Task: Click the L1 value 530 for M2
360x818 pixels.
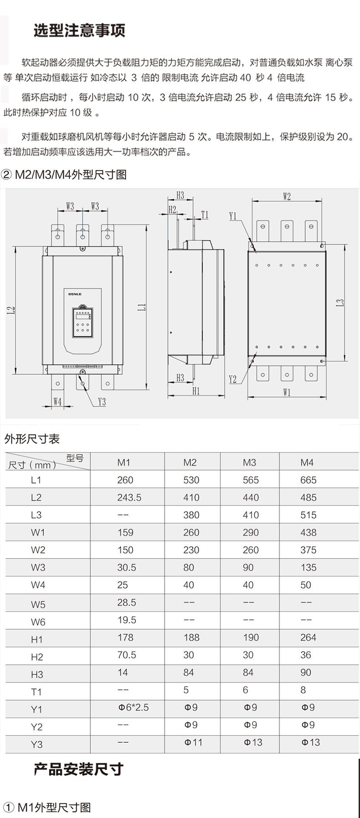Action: pos(191,480)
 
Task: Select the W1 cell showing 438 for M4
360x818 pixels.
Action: pos(309,532)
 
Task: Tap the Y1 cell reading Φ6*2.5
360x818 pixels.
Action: pos(134,707)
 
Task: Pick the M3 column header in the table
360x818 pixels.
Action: pos(249,462)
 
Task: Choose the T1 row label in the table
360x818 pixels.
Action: pos(36,692)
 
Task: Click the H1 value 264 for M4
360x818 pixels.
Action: pos(309,637)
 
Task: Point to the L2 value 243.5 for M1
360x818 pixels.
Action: pos(129,497)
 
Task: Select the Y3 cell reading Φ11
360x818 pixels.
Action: pos(193,742)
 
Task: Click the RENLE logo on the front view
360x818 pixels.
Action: pos(75,294)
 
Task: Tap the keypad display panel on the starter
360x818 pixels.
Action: pos(82,322)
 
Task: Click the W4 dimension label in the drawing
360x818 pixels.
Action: pos(57,401)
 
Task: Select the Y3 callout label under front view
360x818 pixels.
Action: pos(102,402)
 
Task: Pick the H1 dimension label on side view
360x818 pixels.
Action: pos(196,391)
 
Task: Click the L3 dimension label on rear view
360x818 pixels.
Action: pos(339,302)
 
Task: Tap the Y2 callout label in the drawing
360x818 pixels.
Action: pos(233,379)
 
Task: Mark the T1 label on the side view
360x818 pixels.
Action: pos(205,214)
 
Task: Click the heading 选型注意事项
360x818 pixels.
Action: pos(79,31)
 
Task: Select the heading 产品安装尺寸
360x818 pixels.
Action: pos(78,769)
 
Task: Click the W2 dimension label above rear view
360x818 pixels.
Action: pos(287,197)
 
